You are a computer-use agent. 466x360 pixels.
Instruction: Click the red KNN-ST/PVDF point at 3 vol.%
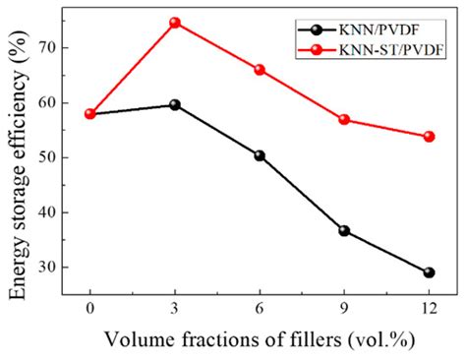(x=175, y=22)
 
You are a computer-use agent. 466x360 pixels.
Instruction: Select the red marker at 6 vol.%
(x=260, y=69)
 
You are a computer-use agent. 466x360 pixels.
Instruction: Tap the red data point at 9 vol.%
(x=344, y=119)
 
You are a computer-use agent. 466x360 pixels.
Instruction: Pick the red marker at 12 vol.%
(x=429, y=136)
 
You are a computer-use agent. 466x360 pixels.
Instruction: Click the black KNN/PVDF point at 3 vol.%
(x=175, y=104)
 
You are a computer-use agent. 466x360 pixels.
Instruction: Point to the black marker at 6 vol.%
(x=260, y=155)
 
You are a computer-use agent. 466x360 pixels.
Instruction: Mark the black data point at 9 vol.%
(x=344, y=230)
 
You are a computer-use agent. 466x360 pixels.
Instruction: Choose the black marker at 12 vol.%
(x=429, y=272)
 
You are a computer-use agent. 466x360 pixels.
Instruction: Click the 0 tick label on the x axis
(x=90, y=307)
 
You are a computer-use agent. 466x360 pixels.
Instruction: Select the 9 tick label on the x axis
(x=344, y=307)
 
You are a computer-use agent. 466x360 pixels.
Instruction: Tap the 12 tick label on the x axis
(x=429, y=307)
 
